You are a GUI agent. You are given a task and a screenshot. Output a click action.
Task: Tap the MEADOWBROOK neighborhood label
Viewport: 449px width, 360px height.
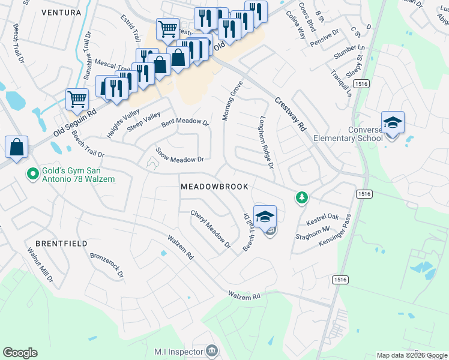coord(214,187)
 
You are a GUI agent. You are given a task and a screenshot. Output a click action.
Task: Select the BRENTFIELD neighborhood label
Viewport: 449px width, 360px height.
coord(61,244)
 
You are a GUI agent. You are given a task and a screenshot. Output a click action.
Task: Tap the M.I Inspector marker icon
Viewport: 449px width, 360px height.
coord(211,350)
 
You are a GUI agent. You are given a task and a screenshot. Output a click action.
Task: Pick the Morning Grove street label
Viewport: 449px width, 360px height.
coord(234,100)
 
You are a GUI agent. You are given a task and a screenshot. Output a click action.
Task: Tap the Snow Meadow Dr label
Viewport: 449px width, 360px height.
coord(180,155)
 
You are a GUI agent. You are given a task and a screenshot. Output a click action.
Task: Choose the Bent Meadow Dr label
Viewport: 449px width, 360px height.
coord(184,123)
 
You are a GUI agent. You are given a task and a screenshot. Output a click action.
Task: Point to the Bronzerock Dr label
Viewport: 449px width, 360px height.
coord(106,265)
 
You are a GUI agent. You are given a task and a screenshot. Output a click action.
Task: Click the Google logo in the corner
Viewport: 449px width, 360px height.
coord(20,353)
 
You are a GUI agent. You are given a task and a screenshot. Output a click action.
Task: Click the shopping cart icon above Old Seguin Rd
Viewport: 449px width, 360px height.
coord(77,100)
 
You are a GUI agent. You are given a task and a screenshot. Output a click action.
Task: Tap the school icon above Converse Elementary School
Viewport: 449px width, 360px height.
coord(393,122)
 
